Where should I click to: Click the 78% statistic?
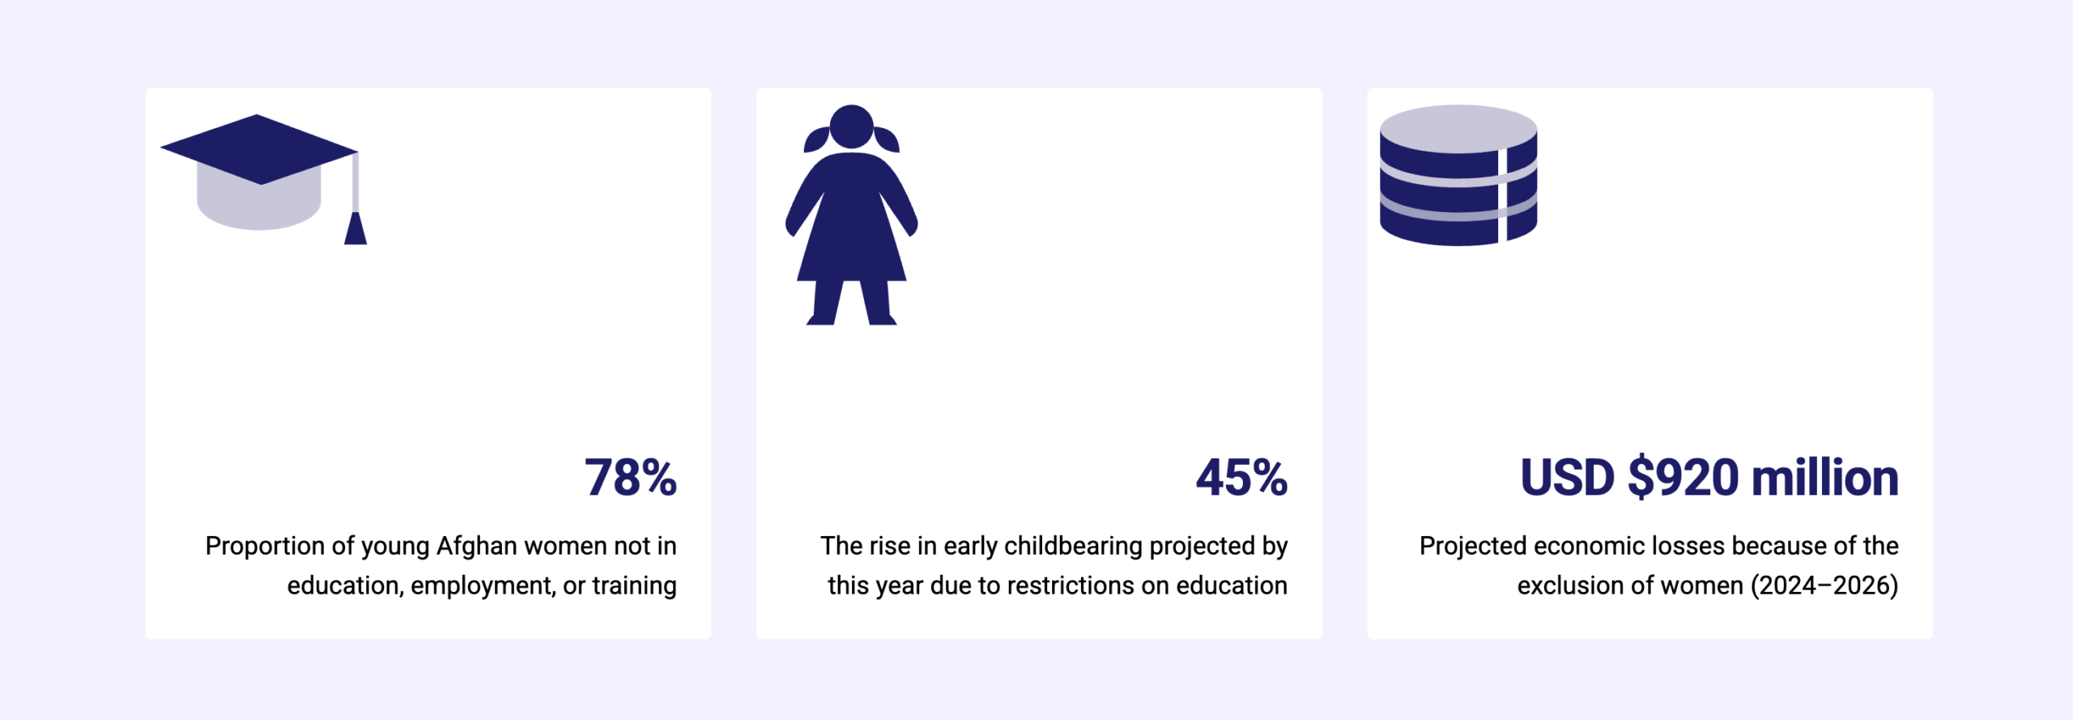click(631, 477)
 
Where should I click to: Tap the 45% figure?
click(1241, 477)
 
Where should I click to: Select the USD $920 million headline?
click(1709, 477)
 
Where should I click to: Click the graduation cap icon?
click(264, 179)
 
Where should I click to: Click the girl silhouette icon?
click(851, 215)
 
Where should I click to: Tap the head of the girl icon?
click(851, 127)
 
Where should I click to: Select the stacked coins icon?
click(1458, 175)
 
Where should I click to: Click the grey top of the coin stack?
click(1458, 129)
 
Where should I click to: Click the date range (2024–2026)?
click(1824, 586)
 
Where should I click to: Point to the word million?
click(1825, 477)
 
